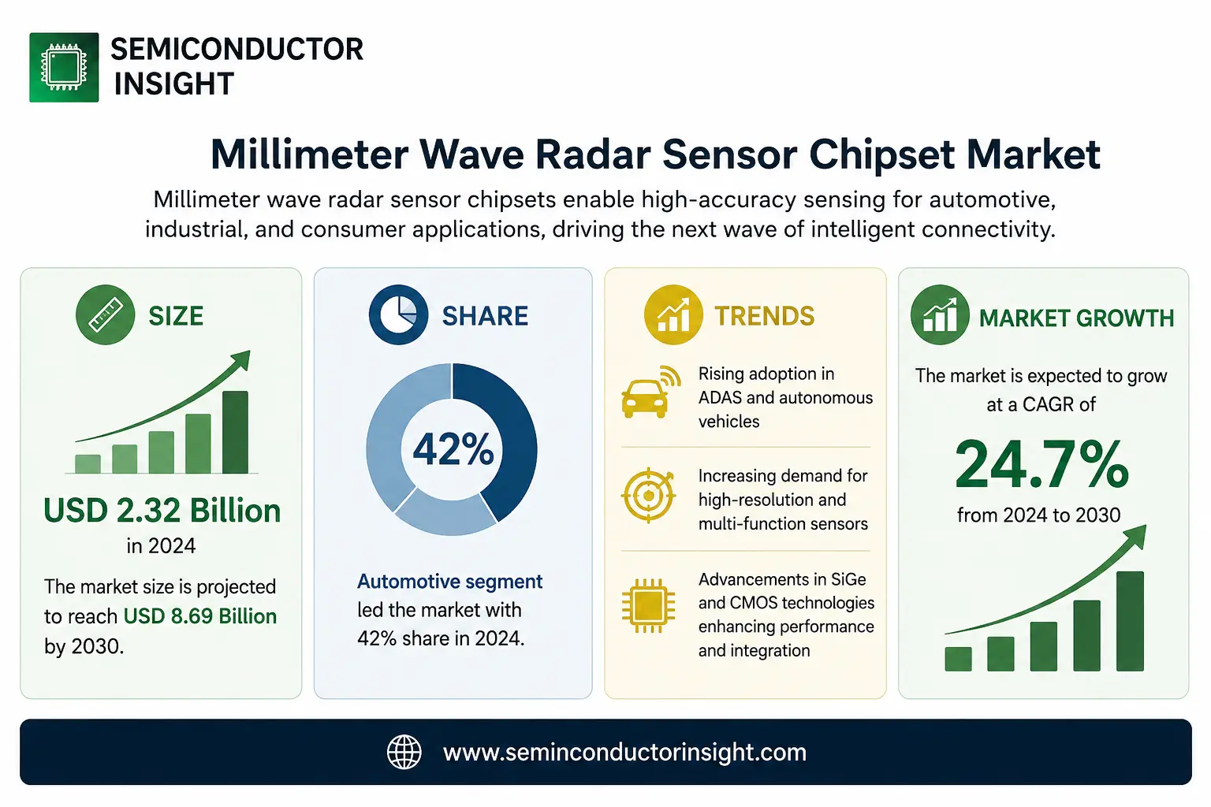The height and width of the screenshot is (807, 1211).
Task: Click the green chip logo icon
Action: click(x=64, y=67)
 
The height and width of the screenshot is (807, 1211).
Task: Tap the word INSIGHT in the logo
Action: click(x=173, y=84)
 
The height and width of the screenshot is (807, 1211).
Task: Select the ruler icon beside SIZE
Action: click(x=106, y=314)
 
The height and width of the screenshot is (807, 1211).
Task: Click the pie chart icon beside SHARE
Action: click(x=398, y=314)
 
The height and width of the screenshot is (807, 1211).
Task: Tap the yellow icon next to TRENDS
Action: click(x=673, y=314)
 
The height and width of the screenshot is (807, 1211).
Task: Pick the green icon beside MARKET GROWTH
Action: click(x=940, y=314)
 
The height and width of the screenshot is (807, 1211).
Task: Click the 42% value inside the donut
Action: click(x=453, y=449)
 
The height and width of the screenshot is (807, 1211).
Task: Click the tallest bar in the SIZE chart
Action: click(x=235, y=432)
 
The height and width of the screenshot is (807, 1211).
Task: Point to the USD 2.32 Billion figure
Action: click(x=162, y=510)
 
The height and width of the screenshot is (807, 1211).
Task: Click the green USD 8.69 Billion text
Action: click(x=200, y=616)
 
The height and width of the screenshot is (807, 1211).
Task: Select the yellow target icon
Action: click(x=648, y=495)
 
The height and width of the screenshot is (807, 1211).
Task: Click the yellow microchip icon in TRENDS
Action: click(x=648, y=605)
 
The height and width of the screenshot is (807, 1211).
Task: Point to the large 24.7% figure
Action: click(x=1041, y=464)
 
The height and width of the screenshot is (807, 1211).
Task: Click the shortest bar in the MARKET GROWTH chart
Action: click(x=958, y=659)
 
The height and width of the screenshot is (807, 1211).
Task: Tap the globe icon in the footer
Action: click(x=404, y=752)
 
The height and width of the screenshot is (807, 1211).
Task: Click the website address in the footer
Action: click(x=624, y=753)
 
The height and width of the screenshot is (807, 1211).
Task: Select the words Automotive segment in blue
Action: click(x=450, y=582)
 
